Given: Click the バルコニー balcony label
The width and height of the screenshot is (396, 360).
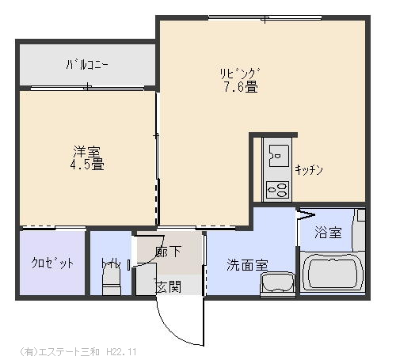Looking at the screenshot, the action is (87, 65).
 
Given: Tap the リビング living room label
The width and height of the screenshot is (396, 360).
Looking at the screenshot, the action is (240, 74).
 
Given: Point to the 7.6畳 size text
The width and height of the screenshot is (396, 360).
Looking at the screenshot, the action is (241, 86).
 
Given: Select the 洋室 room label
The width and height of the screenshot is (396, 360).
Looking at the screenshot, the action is (87, 152).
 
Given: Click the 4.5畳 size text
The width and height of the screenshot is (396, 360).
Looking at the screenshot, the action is (87, 164).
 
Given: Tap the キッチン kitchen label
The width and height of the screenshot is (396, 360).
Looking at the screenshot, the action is (309, 170).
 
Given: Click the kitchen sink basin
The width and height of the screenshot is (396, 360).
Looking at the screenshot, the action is (278, 156).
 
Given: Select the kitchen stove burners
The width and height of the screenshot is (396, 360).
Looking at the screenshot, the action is (277, 190).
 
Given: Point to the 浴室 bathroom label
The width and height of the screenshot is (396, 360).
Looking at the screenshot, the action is (328, 233).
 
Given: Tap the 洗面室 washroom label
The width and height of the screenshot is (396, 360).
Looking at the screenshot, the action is (247, 265).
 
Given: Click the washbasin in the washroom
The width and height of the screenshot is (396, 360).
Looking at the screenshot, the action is (278, 284).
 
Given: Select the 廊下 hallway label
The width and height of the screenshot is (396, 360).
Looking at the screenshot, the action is (168, 252).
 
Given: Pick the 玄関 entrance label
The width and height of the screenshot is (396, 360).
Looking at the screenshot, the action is (168, 286).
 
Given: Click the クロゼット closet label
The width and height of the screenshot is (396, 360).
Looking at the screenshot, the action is (52, 263).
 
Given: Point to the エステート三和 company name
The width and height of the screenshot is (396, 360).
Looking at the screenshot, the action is (69, 352).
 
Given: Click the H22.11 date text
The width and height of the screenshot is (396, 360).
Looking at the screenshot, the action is (121, 352).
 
